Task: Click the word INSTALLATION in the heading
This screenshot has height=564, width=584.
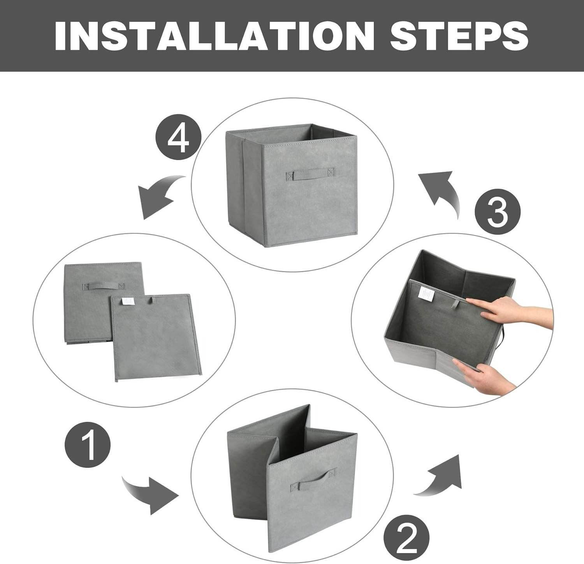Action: (x=211, y=36)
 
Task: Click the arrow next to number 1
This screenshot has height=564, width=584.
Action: (x=152, y=493)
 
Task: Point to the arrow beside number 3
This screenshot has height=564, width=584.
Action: (x=442, y=191)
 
